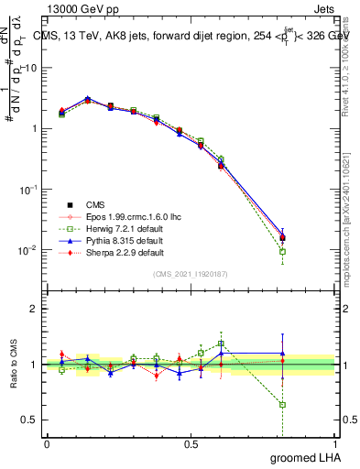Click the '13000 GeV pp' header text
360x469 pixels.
[80, 7]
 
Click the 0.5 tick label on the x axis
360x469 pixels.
[191, 443]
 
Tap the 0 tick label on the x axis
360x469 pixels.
[47, 443]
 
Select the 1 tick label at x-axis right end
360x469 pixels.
[334, 443]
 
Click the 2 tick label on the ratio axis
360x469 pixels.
[36, 309]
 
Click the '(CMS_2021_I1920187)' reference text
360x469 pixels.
[191, 274]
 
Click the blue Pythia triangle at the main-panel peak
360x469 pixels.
[87, 98]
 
